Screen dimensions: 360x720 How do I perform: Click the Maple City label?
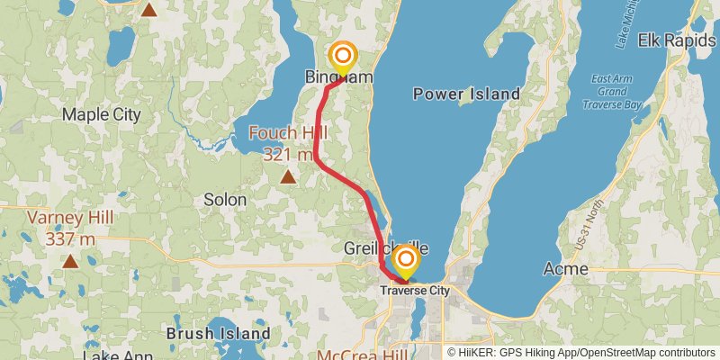click(x=102, y=114)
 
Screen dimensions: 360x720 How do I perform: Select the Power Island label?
click(x=466, y=94)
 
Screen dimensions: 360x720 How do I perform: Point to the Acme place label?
click(x=566, y=269)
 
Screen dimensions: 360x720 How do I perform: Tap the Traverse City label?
click(x=414, y=290)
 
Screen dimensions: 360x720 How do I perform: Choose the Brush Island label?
click(x=219, y=333)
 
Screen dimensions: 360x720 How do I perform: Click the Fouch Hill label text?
click(x=288, y=143)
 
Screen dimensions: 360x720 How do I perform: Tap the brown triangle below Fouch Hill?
click(x=287, y=176)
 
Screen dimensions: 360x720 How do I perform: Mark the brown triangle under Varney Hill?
click(x=69, y=262)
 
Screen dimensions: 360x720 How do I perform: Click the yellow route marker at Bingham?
click(x=342, y=58)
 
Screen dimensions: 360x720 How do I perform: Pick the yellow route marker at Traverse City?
click(x=406, y=262)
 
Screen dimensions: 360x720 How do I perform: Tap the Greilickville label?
click(x=387, y=247)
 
